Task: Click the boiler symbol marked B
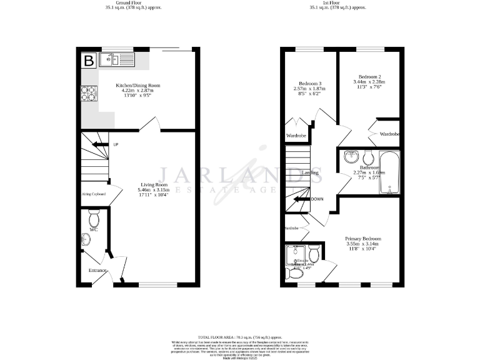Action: (89, 61)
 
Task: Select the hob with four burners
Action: (87, 93)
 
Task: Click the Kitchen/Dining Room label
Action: (137, 85)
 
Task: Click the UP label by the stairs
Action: (116, 145)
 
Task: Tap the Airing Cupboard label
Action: (93, 194)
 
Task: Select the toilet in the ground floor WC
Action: (94, 219)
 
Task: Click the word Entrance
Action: (97, 270)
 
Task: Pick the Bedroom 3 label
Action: (310, 84)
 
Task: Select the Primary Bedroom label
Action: (363, 239)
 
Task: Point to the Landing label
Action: (310, 172)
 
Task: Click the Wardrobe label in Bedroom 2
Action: (390, 134)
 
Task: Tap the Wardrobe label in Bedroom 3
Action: (296, 136)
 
